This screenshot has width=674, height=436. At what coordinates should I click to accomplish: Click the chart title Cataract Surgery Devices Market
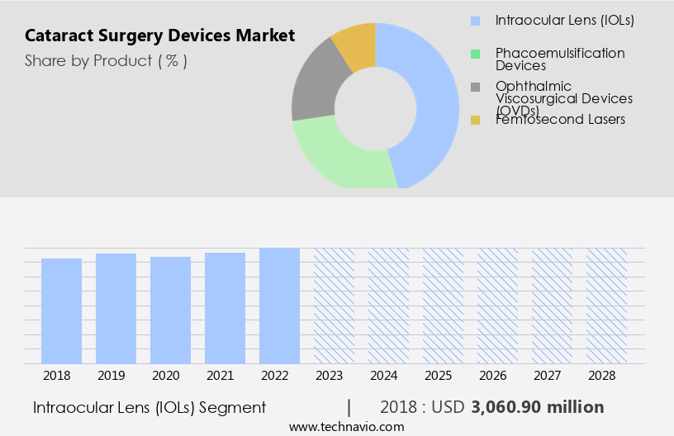tap(159, 36)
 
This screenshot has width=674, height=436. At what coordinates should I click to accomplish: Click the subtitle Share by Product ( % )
tap(106, 61)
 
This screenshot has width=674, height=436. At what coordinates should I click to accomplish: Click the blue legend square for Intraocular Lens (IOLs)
tap(475, 20)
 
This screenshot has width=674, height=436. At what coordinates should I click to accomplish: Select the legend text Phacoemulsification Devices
tap(560, 59)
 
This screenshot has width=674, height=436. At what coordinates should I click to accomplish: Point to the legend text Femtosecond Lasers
tap(560, 120)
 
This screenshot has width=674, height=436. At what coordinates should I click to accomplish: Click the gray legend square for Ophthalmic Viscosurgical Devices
tap(475, 87)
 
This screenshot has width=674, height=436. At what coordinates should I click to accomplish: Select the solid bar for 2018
tap(61, 310)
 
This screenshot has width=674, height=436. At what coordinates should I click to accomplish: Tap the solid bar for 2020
tap(170, 310)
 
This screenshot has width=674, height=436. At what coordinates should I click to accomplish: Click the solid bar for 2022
tap(279, 306)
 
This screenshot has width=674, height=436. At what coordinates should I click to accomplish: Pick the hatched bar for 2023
tap(334, 306)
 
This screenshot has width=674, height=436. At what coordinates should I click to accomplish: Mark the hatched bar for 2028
tap(606, 306)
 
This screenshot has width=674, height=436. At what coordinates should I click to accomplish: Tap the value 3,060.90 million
tap(538, 407)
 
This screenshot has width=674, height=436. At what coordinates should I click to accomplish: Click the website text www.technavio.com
tap(346, 426)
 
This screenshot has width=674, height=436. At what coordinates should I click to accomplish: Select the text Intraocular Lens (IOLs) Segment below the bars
tap(150, 407)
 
